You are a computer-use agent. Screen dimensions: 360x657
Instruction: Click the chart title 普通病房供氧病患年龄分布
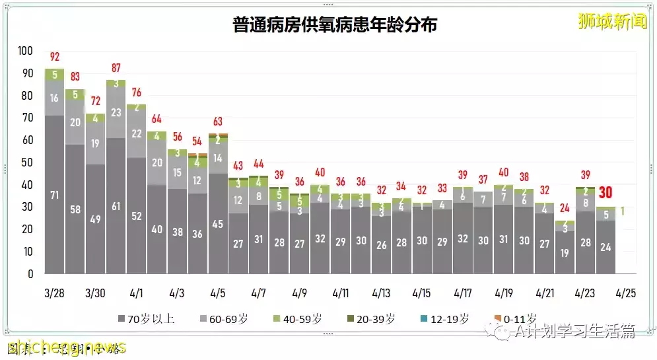pos(335,25)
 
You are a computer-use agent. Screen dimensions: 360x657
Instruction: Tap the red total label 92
pos(55,57)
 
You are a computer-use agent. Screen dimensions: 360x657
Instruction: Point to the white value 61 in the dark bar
pos(116,207)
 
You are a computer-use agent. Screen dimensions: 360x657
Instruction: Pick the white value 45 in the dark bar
pos(217,224)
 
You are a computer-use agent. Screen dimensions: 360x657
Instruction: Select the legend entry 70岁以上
pos(147,319)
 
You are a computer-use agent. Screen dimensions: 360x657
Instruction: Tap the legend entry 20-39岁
pos(371,319)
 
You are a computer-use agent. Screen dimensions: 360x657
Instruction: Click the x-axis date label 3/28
pos(55,293)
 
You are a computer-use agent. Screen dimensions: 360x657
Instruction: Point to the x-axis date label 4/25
pos(625,293)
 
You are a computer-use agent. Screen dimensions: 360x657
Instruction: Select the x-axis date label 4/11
pos(340,293)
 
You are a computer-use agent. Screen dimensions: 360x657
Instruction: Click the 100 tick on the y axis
pos(25,51)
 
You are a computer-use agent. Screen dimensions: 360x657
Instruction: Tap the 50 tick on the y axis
pos(27,162)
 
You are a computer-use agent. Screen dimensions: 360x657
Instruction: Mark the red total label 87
pos(116,68)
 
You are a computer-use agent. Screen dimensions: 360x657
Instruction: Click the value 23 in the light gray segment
pos(116,113)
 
